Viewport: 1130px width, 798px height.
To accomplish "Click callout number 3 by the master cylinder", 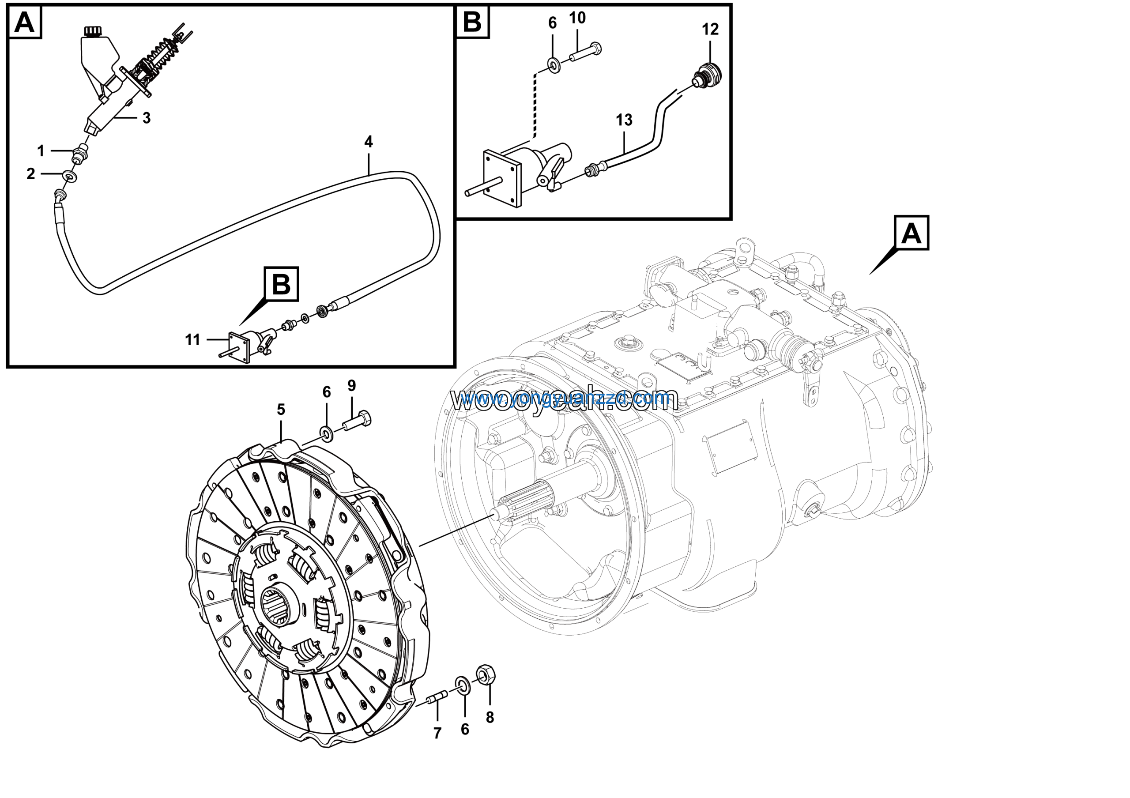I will [x=146, y=118].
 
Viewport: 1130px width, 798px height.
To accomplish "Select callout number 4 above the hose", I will [x=368, y=142].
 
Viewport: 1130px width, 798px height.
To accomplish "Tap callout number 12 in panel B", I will [x=710, y=30].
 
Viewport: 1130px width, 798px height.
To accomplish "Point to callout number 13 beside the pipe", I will [x=624, y=120].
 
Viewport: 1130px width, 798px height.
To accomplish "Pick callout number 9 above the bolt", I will [x=351, y=385].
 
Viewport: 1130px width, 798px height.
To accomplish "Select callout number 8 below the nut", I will [x=490, y=718].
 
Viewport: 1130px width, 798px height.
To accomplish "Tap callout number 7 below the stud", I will [x=437, y=734].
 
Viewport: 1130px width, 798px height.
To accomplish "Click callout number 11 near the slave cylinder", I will [x=192, y=339].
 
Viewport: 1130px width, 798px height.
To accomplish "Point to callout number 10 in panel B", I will [x=577, y=18].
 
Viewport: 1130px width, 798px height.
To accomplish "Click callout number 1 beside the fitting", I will [x=41, y=151].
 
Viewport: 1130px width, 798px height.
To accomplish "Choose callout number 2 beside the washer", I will [x=30, y=173].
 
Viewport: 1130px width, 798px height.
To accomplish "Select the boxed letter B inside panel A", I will [x=281, y=284].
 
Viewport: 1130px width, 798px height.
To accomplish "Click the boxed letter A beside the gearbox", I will [x=911, y=233].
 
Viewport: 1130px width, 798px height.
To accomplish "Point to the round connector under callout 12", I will [x=707, y=74].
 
